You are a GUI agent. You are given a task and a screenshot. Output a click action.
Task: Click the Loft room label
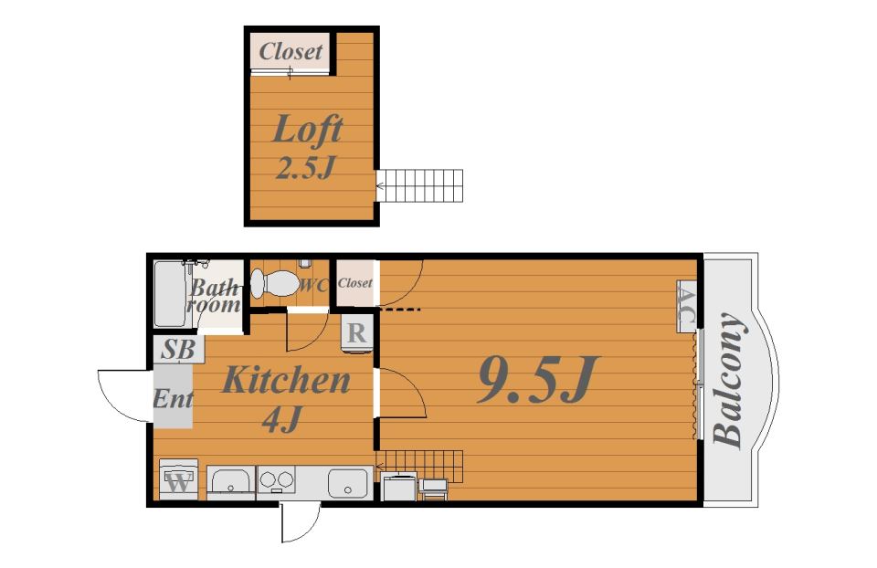pos(307,129)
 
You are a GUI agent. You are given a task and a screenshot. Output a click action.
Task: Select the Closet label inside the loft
pos(291,51)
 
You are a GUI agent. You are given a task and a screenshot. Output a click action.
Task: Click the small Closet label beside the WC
pos(355,283)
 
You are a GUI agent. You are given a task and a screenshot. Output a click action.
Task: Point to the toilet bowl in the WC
pos(274,284)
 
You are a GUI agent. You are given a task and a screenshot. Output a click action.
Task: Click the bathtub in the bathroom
pos(170,294)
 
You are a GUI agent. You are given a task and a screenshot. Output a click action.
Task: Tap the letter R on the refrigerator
pos(357,333)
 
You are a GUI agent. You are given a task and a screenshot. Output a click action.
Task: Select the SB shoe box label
pos(178,350)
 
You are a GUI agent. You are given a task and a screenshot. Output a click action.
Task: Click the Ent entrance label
pos(173,399)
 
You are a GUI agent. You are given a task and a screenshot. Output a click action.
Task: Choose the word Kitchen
pos(286,380)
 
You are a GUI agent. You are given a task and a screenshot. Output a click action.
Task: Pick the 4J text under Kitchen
pos(282,419)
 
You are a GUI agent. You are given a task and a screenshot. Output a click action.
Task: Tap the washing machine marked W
pos(178,479)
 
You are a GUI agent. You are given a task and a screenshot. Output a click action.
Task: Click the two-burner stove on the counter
pos(276,480)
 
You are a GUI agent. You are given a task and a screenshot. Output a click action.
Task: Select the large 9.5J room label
pos(538,380)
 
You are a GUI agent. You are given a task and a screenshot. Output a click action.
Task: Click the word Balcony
pos(729,380)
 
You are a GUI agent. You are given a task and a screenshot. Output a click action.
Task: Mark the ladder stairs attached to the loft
pos(419,185)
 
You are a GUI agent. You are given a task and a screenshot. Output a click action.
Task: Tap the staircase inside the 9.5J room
pos(420,467)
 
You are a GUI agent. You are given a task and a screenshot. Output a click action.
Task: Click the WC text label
pos(313,285)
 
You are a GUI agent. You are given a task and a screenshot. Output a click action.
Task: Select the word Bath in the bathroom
pos(213,289)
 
